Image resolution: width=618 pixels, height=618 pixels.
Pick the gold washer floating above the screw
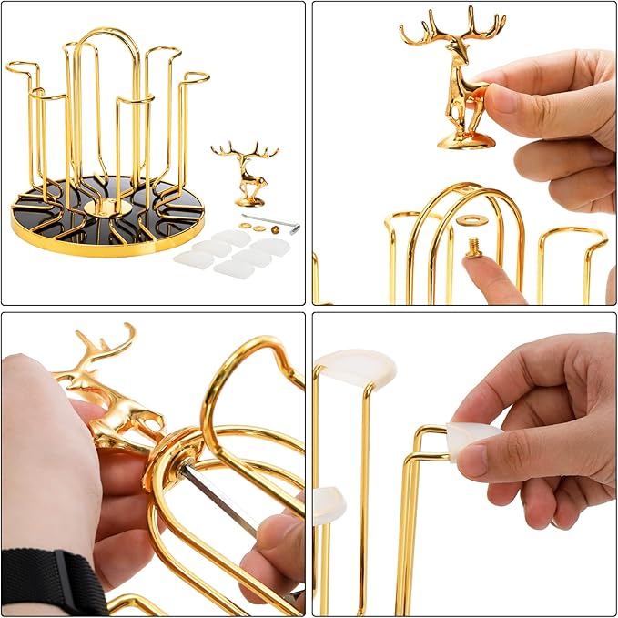point(471,220)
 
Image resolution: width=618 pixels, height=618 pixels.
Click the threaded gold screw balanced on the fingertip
point(474,246)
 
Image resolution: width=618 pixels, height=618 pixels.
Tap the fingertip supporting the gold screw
point(491,278)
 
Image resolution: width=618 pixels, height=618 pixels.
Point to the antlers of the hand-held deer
point(452,25)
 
